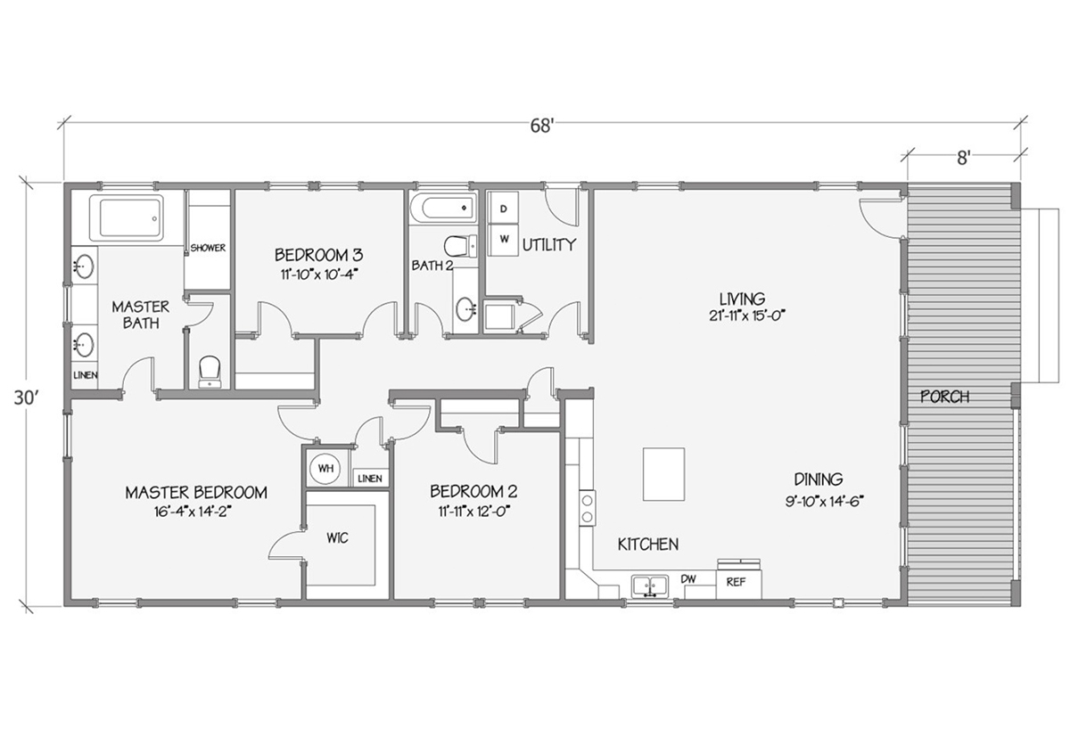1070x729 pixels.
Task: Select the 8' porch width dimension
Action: (x=963, y=158)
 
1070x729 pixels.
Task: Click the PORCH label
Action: (x=944, y=397)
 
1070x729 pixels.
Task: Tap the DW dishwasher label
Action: (x=688, y=579)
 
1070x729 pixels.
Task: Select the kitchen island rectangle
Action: (x=663, y=474)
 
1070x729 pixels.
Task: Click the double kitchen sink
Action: (x=650, y=586)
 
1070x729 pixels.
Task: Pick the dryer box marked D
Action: (x=504, y=208)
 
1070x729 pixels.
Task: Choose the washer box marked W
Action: (x=504, y=239)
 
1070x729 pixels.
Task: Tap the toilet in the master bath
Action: (x=210, y=370)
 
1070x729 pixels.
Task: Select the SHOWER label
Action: (x=208, y=248)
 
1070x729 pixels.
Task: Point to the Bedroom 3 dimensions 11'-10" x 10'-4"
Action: (x=318, y=275)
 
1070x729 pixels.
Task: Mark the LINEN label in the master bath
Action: (x=86, y=375)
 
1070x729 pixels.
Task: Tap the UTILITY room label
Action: (x=548, y=245)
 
